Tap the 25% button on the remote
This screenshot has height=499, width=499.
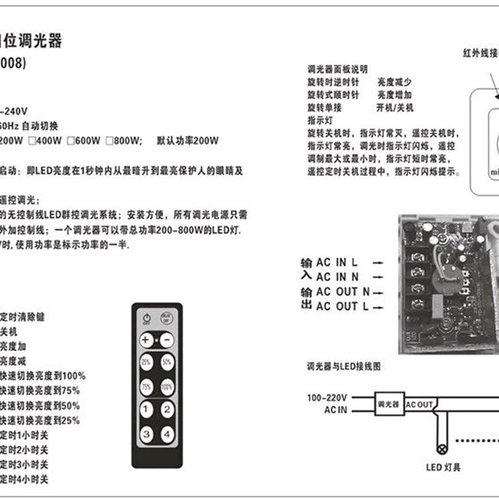coord(145,362)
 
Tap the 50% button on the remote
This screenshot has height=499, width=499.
coord(167,362)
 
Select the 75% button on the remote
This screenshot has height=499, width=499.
coord(145,386)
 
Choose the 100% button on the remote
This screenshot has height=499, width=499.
coord(167,386)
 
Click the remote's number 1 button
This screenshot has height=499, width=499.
coord(145,410)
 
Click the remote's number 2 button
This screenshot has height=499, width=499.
coord(167,410)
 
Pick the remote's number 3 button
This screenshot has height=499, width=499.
coord(145,434)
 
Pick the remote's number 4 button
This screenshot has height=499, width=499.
coord(167,434)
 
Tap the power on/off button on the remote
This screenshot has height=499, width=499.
coord(147,317)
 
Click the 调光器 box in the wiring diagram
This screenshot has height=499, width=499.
coord(389,404)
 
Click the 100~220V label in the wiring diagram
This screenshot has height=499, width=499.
coord(327,397)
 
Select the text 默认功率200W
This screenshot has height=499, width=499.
coord(188,141)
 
